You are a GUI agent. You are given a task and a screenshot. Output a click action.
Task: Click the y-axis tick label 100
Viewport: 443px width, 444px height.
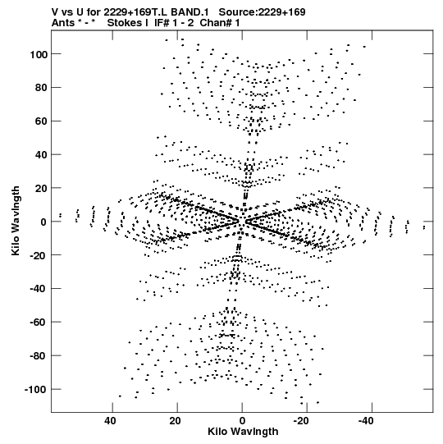(39, 54)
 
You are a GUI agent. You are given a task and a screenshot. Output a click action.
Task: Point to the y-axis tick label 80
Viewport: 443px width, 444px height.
(41, 88)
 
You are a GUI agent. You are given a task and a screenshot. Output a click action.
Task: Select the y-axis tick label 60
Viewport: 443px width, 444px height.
(41, 121)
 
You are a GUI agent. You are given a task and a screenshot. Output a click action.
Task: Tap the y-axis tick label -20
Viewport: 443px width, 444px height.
(39, 255)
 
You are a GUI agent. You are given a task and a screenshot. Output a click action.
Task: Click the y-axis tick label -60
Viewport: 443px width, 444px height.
(39, 323)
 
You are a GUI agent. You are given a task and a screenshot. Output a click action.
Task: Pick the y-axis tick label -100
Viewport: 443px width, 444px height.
(36, 389)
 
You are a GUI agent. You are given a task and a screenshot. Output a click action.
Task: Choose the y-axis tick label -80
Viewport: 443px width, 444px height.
(39, 355)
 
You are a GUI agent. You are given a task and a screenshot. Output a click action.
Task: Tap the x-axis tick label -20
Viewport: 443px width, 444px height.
(301, 421)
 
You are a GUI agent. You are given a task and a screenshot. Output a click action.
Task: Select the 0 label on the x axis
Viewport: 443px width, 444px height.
(242, 421)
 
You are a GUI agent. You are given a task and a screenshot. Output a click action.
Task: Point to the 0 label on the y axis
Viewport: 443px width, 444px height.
(43, 222)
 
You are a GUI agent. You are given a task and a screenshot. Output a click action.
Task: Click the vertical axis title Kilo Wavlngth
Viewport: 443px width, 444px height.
(16, 221)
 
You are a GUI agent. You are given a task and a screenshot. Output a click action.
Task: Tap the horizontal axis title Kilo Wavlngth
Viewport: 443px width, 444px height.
(243, 432)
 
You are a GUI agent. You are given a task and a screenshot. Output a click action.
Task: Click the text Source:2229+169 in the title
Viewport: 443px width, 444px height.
(263, 12)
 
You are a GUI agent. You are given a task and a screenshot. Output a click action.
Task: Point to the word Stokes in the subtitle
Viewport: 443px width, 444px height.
(125, 23)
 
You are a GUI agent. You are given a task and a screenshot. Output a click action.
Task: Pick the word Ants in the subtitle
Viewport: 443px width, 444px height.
(63, 23)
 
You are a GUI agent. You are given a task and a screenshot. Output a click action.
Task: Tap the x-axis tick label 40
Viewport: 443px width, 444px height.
(110, 421)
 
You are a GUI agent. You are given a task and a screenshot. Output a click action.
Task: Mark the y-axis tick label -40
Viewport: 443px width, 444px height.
(39, 289)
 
